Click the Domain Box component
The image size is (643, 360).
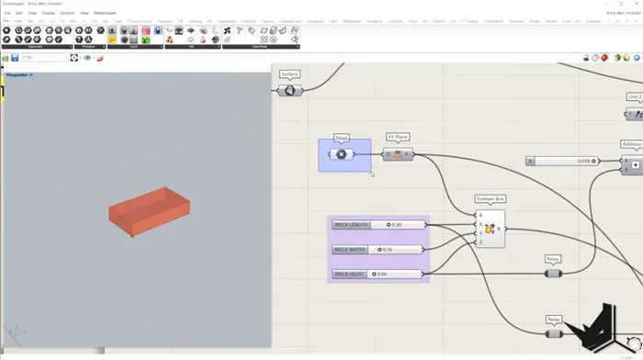[x=490, y=229]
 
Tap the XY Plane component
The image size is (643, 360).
[x=399, y=154]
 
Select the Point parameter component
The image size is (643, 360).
[x=341, y=154]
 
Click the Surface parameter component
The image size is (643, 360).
[x=290, y=90]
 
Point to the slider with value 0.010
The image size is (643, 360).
[x=562, y=161]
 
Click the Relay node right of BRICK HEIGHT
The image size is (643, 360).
[x=553, y=273]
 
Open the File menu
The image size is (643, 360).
[x=6, y=13]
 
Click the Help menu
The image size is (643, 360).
[x=85, y=13]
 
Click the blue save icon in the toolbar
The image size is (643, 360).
[x=15, y=58]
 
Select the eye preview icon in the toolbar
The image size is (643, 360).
[x=88, y=58]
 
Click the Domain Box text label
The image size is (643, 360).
[x=491, y=197]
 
